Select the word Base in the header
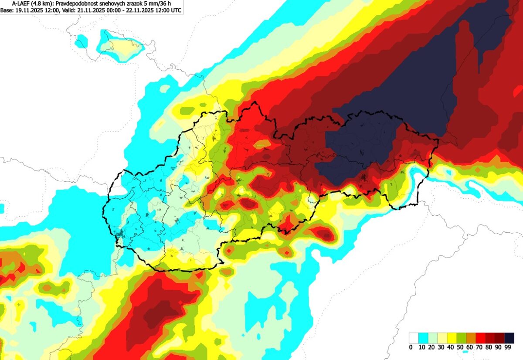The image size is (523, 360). (x=7, y=10)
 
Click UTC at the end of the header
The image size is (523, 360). (x=176, y=10)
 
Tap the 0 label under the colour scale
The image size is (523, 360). (x=411, y=347)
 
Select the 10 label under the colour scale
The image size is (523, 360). (x=422, y=347)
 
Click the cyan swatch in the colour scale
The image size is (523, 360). (x=423, y=338)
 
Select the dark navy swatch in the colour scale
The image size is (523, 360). (x=509, y=338)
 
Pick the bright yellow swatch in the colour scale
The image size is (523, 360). (x=452, y=338)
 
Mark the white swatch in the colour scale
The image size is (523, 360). (x=413, y=338)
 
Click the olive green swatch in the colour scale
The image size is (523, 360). (x=461, y=338)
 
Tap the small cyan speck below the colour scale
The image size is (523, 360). (x=465, y=351)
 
